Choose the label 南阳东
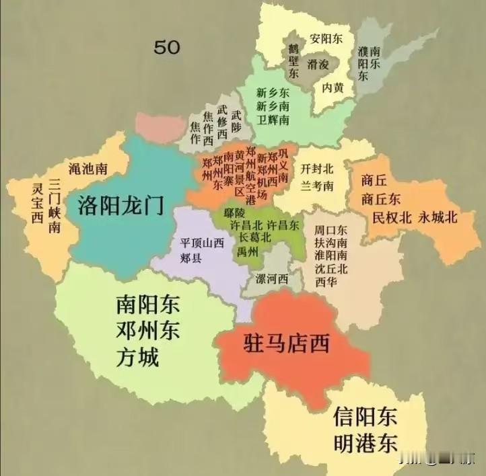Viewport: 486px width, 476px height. click(147, 306)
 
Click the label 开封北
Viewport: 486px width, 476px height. click(317, 168)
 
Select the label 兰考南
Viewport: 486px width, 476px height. click(317, 185)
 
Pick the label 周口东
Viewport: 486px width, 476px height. click(331, 229)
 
